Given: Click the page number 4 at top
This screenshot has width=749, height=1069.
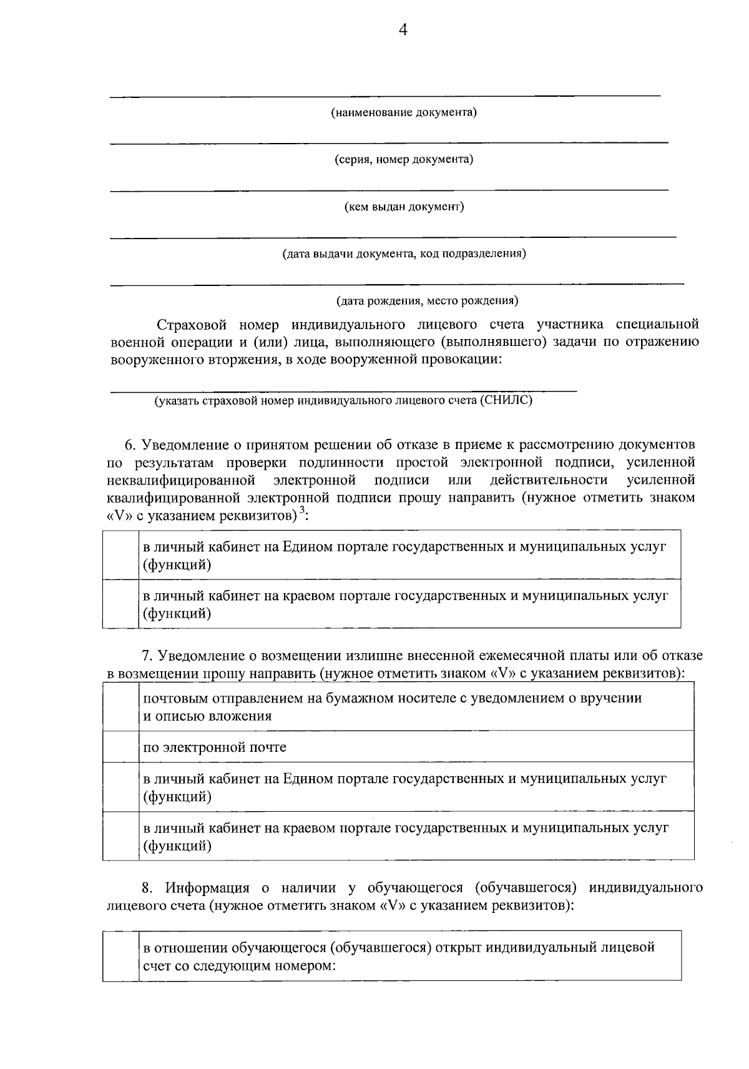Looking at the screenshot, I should coord(403,30).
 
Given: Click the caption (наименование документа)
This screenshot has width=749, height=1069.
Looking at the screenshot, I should coord(404,113).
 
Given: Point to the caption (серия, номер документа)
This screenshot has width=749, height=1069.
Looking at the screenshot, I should coord(404,160).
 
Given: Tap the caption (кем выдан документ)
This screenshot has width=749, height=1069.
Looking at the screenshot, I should coord(404,207).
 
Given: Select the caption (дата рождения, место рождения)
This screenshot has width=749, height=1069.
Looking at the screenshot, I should coord(427,301).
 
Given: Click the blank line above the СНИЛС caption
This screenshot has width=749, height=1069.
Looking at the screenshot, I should coord(343,390).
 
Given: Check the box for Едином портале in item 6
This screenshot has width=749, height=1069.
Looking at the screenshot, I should coord(121,554).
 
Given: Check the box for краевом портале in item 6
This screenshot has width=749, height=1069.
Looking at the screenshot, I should coord(121,603).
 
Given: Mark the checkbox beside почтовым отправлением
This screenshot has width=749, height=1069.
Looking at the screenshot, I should coord(121,706).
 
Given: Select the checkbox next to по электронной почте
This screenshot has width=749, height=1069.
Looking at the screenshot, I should coord(121,747).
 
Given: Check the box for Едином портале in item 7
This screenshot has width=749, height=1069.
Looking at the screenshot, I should coord(121,787).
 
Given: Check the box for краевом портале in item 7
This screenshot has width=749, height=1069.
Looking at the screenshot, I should coord(121,836).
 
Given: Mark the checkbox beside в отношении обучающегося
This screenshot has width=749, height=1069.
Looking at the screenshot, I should coord(121,955).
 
